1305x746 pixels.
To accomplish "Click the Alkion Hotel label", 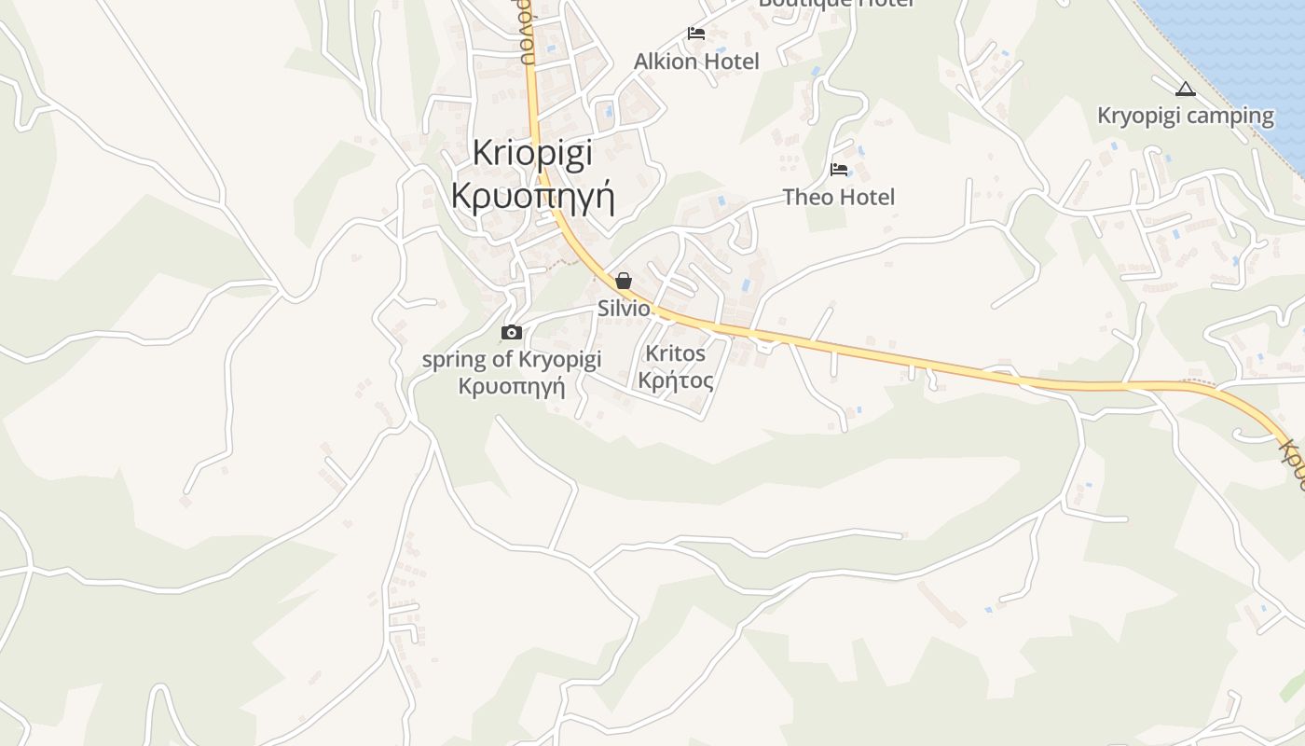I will [x=696, y=62].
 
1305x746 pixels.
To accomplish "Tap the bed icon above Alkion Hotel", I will [x=696, y=34].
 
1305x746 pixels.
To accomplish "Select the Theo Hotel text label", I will [x=838, y=197].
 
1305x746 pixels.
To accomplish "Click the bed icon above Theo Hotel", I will [x=839, y=170].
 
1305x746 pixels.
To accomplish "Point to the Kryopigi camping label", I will [x=1185, y=116].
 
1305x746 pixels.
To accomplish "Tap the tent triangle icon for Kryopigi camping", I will [x=1185, y=90].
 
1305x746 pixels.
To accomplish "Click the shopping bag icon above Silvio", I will [x=624, y=281].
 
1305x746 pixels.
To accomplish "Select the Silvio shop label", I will [x=624, y=309].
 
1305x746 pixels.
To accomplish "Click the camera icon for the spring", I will [x=511, y=332].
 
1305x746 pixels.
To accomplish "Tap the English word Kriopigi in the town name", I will [x=532, y=154].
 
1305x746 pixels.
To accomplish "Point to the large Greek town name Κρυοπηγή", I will [x=532, y=197].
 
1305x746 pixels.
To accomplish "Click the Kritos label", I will [x=676, y=354].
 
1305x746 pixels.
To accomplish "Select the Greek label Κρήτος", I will [x=676, y=380].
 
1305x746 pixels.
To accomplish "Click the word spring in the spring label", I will [x=454, y=360].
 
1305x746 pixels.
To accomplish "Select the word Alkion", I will [x=665, y=62].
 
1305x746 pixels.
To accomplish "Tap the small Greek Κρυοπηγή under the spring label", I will [x=512, y=385].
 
